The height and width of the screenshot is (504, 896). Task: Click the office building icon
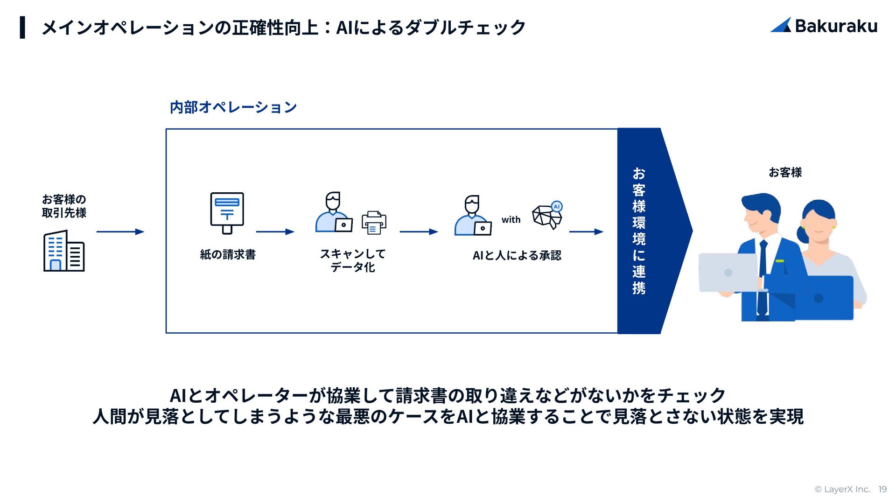pos(64,251)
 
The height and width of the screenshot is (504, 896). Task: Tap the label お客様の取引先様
pos(64,206)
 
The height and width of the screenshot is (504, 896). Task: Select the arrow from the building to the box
pos(120,231)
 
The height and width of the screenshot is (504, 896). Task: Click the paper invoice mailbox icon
pos(227,213)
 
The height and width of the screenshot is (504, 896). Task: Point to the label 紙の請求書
pos(228,254)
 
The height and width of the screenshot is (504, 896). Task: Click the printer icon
pos(374,223)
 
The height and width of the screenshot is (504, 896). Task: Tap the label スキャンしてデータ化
pos(352,260)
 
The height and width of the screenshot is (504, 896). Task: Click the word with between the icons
pos(511,220)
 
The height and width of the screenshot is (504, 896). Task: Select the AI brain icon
pos(547,215)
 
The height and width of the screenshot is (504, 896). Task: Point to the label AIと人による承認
pos(517,255)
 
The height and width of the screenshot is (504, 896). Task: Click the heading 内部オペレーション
pos(233,107)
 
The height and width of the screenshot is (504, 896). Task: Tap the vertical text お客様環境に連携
pos(639,231)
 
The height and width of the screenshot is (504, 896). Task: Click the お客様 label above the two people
pos(785,173)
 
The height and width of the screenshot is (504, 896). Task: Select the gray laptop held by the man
pos(728,273)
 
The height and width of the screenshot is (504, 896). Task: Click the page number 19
pos(882,489)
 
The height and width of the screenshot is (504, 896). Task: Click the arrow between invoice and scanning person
pos(275,231)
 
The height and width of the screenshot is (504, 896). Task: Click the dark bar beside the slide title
pos(22,27)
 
